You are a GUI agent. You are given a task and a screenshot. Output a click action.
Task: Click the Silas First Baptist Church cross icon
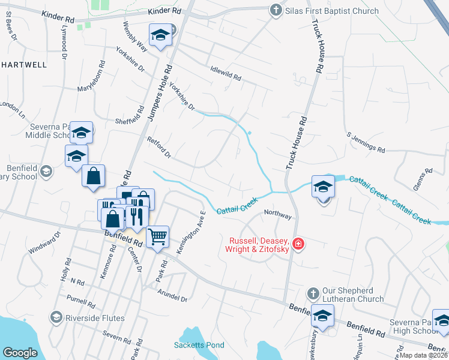[x=276, y=10]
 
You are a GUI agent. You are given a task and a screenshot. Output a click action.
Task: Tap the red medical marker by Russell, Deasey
[x=298, y=245]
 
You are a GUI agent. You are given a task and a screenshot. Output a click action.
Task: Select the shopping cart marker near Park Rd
[x=157, y=236]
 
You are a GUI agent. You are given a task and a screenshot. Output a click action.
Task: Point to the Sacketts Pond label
[x=199, y=345]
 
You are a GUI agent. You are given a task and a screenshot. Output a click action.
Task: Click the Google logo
[x=20, y=353]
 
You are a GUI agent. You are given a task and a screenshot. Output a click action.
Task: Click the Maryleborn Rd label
[x=91, y=76]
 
